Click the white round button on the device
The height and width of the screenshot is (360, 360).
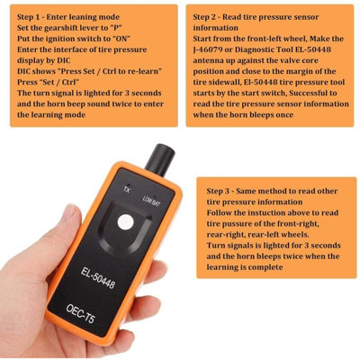(126, 222)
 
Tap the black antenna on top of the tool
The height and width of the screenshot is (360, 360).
(160, 159)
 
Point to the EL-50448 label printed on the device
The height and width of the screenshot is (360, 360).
(98, 277)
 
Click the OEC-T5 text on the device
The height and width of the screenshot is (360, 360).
(80, 313)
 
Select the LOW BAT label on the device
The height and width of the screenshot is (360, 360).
(151, 201)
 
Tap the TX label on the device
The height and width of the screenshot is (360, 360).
(127, 190)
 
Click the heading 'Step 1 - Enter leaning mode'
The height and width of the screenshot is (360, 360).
(68, 17)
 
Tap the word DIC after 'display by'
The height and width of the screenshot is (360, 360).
(63, 60)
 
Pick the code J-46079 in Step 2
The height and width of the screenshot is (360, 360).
(208, 49)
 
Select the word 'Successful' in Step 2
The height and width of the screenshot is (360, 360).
(305, 93)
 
